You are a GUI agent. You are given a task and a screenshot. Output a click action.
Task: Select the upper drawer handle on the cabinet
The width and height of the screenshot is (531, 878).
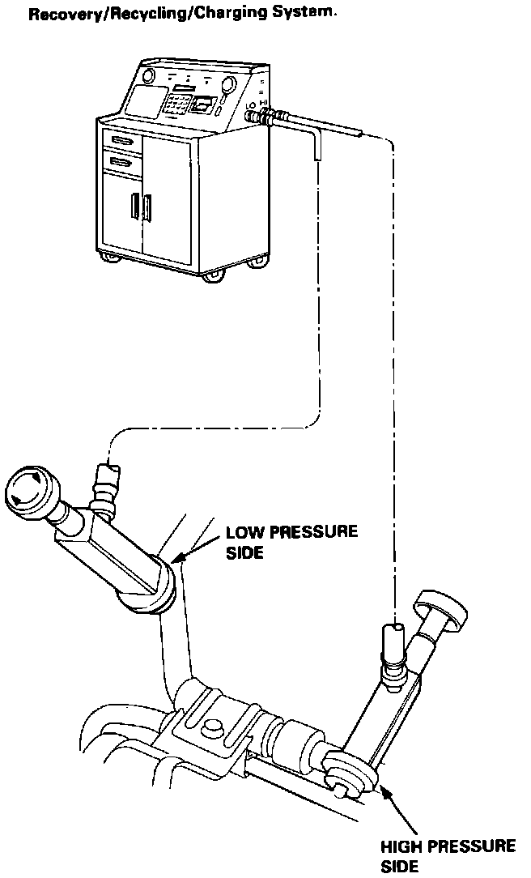pos(122,143)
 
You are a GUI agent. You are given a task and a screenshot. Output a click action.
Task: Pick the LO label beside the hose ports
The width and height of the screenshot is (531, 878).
pos(251,105)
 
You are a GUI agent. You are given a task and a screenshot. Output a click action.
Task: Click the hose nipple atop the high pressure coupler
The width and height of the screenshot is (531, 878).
pos(393,633)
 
